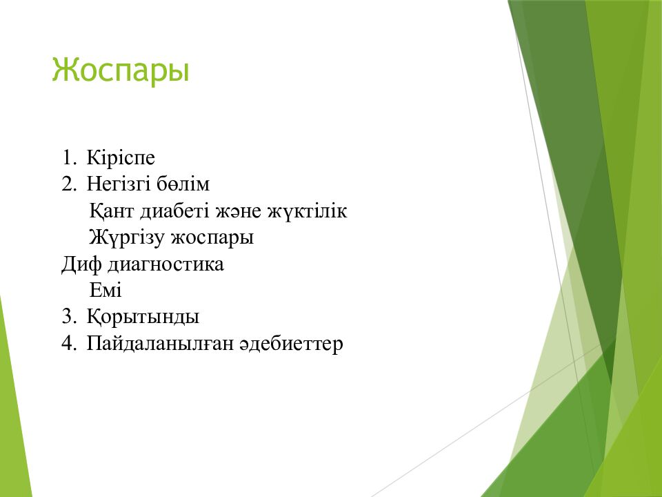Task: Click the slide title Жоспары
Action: click(x=121, y=70)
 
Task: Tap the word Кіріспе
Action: click(x=121, y=158)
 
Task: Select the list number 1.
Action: click(x=69, y=157)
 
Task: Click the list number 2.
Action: click(x=69, y=184)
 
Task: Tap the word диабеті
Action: click(x=176, y=211)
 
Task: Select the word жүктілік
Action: click(x=308, y=211)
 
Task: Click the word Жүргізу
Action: click(x=127, y=237)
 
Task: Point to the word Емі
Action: click(x=106, y=290)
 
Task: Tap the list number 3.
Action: click(x=69, y=317)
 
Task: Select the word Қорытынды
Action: click(x=143, y=317)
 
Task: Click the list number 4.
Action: click(x=69, y=343)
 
